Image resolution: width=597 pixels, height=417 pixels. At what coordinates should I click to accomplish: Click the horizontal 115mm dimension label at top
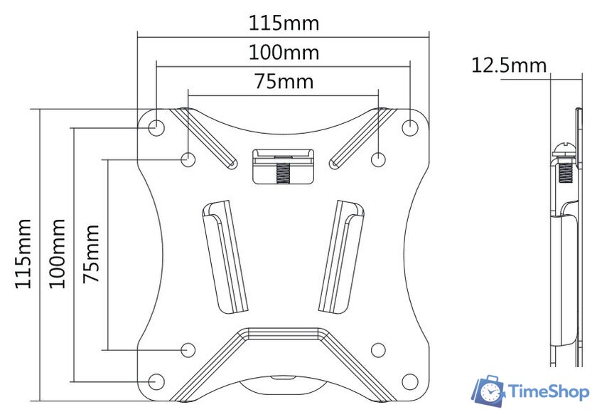(x=284, y=23)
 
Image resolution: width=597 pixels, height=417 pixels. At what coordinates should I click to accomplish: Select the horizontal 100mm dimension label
(x=284, y=53)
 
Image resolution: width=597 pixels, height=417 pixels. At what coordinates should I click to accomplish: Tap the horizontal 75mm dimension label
(x=284, y=81)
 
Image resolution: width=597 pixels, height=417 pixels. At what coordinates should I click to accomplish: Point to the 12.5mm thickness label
(x=509, y=66)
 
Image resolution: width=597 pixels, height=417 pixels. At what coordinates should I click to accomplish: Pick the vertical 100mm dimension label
(x=58, y=253)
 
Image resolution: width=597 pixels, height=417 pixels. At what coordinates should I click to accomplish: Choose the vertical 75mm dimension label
(x=91, y=253)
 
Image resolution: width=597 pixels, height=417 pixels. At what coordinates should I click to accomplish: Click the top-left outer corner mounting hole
(x=156, y=127)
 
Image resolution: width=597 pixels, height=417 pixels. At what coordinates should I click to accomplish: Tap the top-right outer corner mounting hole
(x=410, y=127)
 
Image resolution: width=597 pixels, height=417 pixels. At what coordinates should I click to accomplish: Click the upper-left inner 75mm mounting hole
(x=188, y=158)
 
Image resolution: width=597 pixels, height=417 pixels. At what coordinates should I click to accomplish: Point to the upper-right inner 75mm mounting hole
(x=379, y=158)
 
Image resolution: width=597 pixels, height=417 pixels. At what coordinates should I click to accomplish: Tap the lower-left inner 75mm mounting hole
(x=188, y=349)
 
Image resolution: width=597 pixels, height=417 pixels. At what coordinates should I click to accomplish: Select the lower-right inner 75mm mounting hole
(x=379, y=349)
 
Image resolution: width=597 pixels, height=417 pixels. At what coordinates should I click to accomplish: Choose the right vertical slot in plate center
(x=341, y=256)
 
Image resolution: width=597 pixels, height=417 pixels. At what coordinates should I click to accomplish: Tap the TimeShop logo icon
(x=489, y=391)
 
